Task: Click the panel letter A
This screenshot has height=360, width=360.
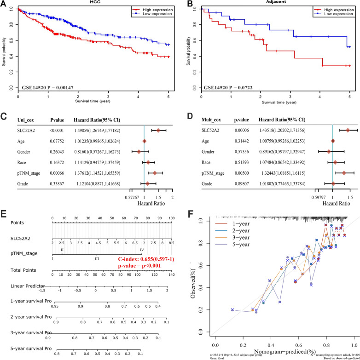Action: [4, 4]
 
